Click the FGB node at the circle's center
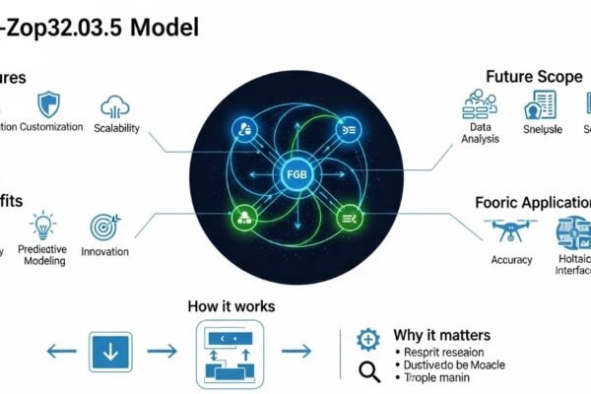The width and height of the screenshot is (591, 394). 295,176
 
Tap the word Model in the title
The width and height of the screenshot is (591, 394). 163,26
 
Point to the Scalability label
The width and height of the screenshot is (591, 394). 116,129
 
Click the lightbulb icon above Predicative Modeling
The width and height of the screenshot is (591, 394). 42,227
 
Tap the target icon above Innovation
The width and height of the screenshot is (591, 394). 104,227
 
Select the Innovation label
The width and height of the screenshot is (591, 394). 104,252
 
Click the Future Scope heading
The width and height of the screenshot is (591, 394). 535,75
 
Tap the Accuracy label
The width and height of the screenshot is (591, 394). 511,260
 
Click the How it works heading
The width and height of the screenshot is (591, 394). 231,306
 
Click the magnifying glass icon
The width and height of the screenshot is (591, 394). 369,371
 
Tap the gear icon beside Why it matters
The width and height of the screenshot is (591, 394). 367,338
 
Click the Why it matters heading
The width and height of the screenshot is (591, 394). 439,335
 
